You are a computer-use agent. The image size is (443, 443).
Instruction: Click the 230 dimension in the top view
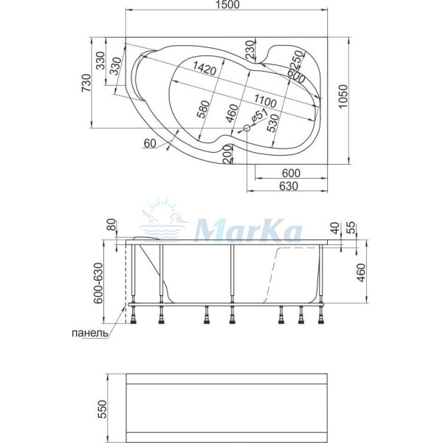click(250, 50)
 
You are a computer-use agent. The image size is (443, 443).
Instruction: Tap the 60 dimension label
click(152, 143)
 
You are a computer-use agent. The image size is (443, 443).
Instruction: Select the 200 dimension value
click(227, 154)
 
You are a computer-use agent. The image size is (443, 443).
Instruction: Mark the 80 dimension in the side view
click(111, 225)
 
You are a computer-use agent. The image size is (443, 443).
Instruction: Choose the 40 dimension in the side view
click(334, 229)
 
